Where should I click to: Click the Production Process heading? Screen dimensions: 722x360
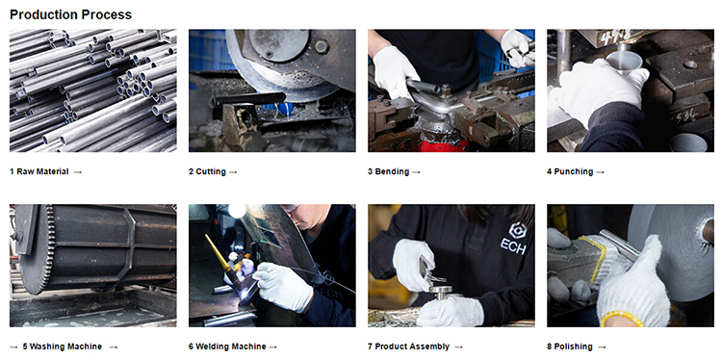[x=70, y=14]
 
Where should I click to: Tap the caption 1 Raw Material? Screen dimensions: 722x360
[x=39, y=171]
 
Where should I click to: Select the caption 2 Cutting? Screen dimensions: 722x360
[x=207, y=171]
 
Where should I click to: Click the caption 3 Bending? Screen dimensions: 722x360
[x=388, y=171]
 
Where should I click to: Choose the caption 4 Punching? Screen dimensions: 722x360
[x=570, y=171]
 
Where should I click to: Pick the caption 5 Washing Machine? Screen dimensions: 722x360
[x=63, y=347]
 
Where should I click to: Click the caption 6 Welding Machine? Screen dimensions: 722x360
[x=227, y=347]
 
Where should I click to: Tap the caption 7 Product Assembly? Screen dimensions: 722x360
[x=408, y=347]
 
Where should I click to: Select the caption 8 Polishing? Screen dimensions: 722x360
[x=570, y=347]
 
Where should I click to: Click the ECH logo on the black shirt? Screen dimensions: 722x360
[x=513, y=238]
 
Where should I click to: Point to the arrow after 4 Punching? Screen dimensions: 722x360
[x=601, y=172]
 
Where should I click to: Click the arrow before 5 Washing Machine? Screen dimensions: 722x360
[x=13, y=347]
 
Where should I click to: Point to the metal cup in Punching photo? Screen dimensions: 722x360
[x=624, y=62]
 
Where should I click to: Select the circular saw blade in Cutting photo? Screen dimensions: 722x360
[x=281, y=74]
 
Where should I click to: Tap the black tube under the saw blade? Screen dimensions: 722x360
[x=248, y=99]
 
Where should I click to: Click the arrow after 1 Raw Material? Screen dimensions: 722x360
[x=77, y=172]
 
